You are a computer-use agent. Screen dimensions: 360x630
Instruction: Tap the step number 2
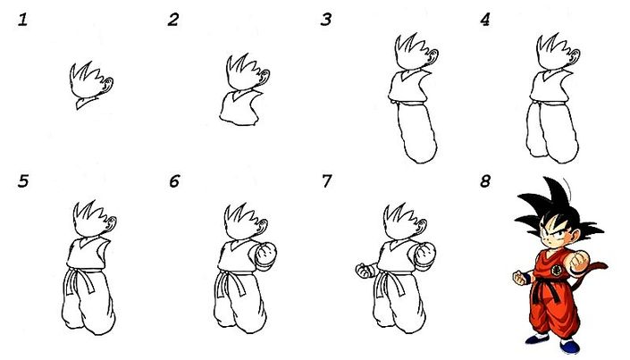[x=173, y=20]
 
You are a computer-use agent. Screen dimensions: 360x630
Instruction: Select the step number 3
[x=327, y=20]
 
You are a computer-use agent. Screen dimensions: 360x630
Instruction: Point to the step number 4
[x=484, y=20]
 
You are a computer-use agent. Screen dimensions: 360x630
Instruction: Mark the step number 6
[x=174, y=181]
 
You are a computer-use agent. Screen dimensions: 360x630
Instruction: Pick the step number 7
[x=327, y=181]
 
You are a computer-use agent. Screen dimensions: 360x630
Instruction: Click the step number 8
[x=485, y=181]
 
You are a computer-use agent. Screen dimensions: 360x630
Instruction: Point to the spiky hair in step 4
[x=549, y=50]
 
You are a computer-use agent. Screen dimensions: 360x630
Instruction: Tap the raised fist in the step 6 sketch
[x=265, y=256]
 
